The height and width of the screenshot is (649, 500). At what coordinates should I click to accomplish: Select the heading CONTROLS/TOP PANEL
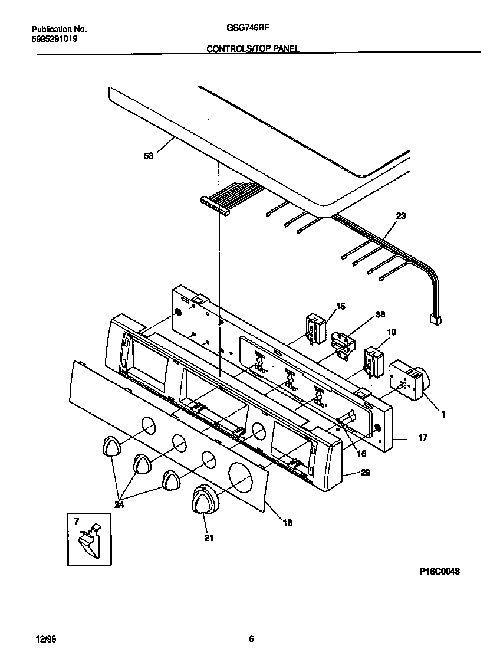click(252, 49)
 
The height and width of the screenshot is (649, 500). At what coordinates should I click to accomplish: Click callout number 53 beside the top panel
click(148, 156)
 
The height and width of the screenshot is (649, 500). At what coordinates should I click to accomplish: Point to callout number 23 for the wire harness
click(400, 215)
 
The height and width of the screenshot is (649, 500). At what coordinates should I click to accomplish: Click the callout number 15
click(340, 306)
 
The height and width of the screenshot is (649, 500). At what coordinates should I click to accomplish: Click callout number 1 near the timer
click(442, 414)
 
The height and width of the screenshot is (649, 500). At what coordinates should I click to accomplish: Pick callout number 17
click(422, 438)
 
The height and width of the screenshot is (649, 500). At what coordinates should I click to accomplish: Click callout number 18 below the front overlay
click(287, 522)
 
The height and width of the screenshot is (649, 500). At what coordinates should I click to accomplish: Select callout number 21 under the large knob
click(208, 537)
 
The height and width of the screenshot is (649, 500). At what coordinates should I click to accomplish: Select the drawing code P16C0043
click(439, 571)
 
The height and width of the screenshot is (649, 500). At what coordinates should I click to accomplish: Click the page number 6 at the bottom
click(251, 639)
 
